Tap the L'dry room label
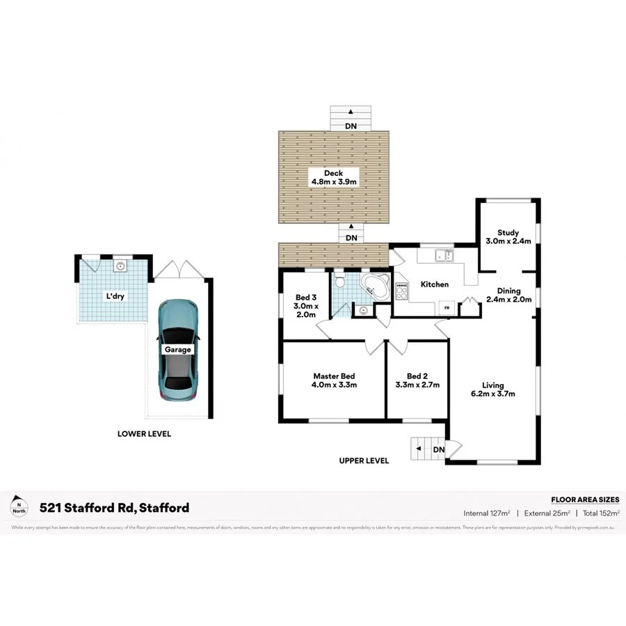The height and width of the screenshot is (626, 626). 115,296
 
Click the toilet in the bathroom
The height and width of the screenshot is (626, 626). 340,282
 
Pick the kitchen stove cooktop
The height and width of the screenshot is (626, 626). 401,291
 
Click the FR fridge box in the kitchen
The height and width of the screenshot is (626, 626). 447,306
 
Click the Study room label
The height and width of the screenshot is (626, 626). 508,233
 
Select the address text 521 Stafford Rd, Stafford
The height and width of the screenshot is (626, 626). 114,508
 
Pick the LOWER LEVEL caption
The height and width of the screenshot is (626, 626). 144,434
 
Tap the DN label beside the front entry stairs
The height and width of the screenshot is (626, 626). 438,450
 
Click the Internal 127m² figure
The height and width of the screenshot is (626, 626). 487,513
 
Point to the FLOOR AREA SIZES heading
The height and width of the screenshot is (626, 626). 585,499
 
